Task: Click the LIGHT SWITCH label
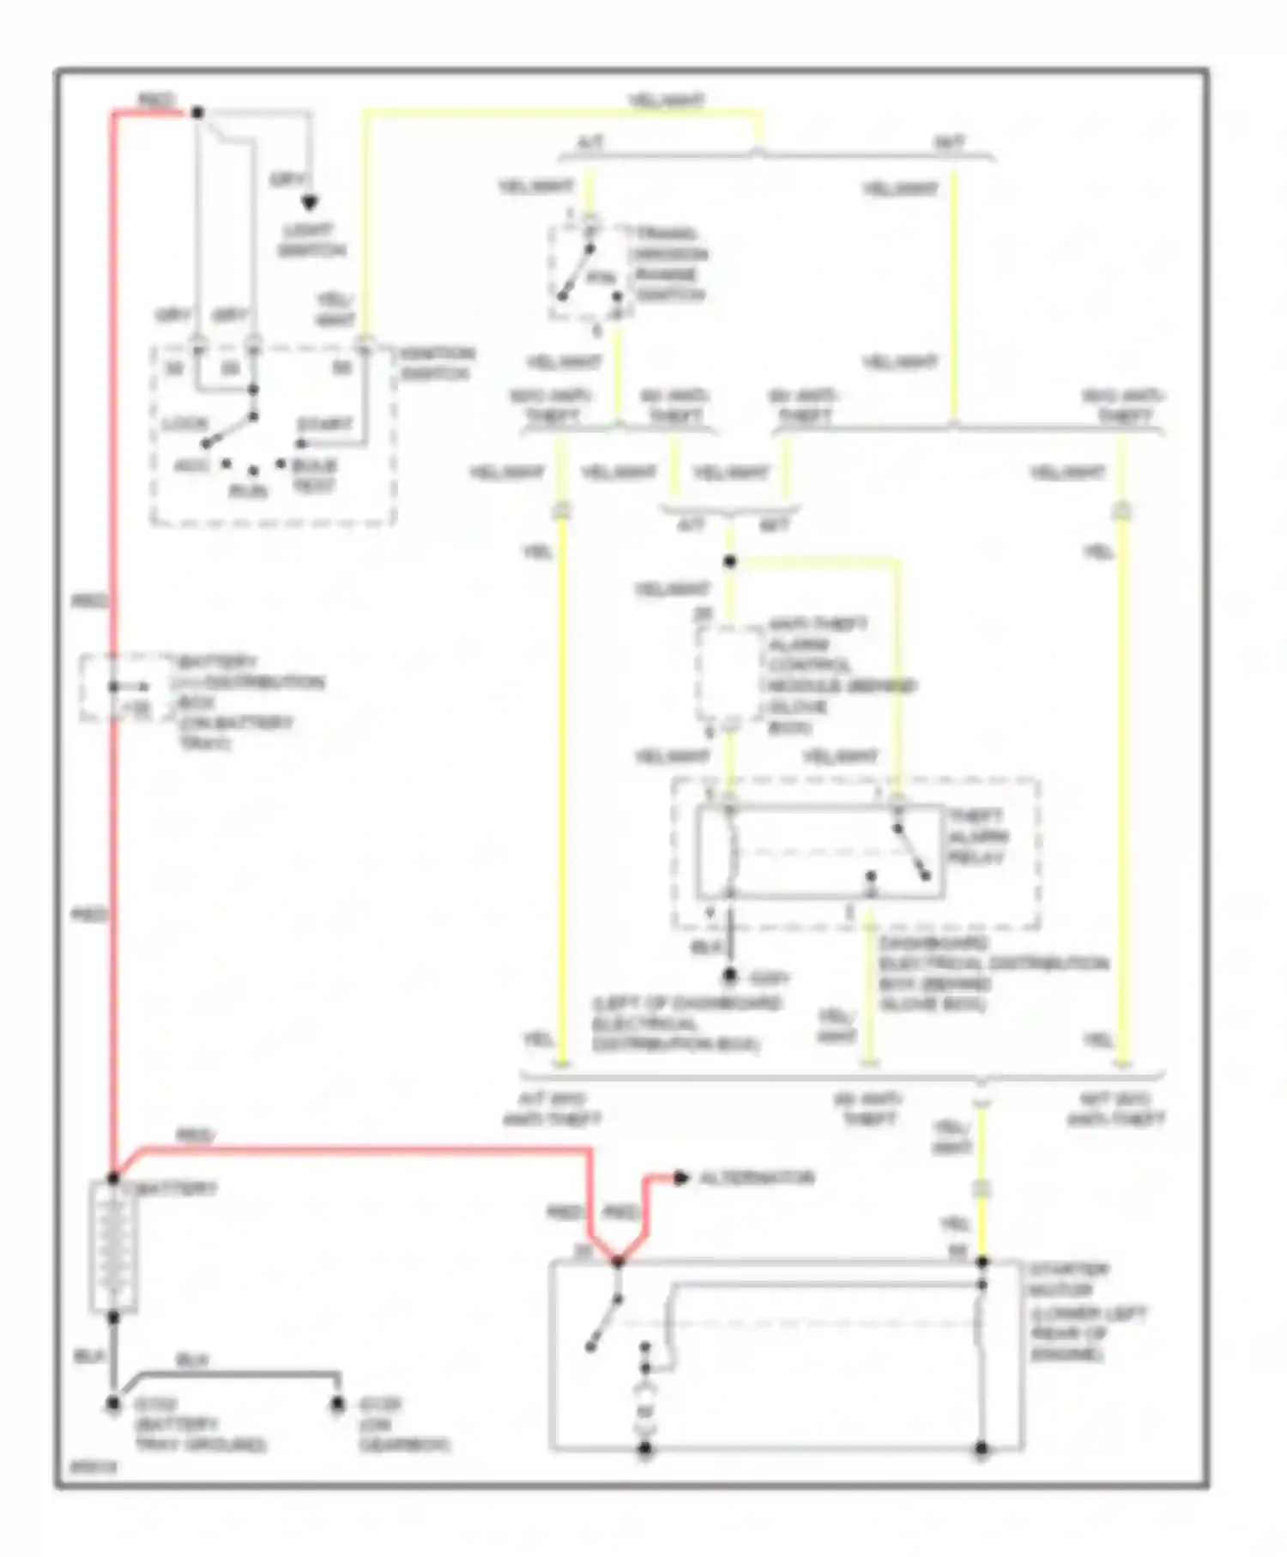coord(311,240)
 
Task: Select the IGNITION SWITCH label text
coord(436,364)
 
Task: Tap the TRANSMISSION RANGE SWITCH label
coord(669,264)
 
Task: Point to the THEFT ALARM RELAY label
coord(977,836)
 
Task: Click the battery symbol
coord(113,1247)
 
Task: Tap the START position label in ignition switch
coord(324,425)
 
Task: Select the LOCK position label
coord(184,425)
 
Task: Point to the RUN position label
coord(248,491)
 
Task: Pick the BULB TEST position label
coord(314,476)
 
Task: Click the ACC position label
coord(190,465)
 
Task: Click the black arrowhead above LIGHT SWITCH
coord(309,203)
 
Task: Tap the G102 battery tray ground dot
coord(113,1405)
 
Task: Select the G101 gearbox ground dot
coord(338,1405)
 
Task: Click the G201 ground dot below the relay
coord(729,976)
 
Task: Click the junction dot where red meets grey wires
coord(197,112)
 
